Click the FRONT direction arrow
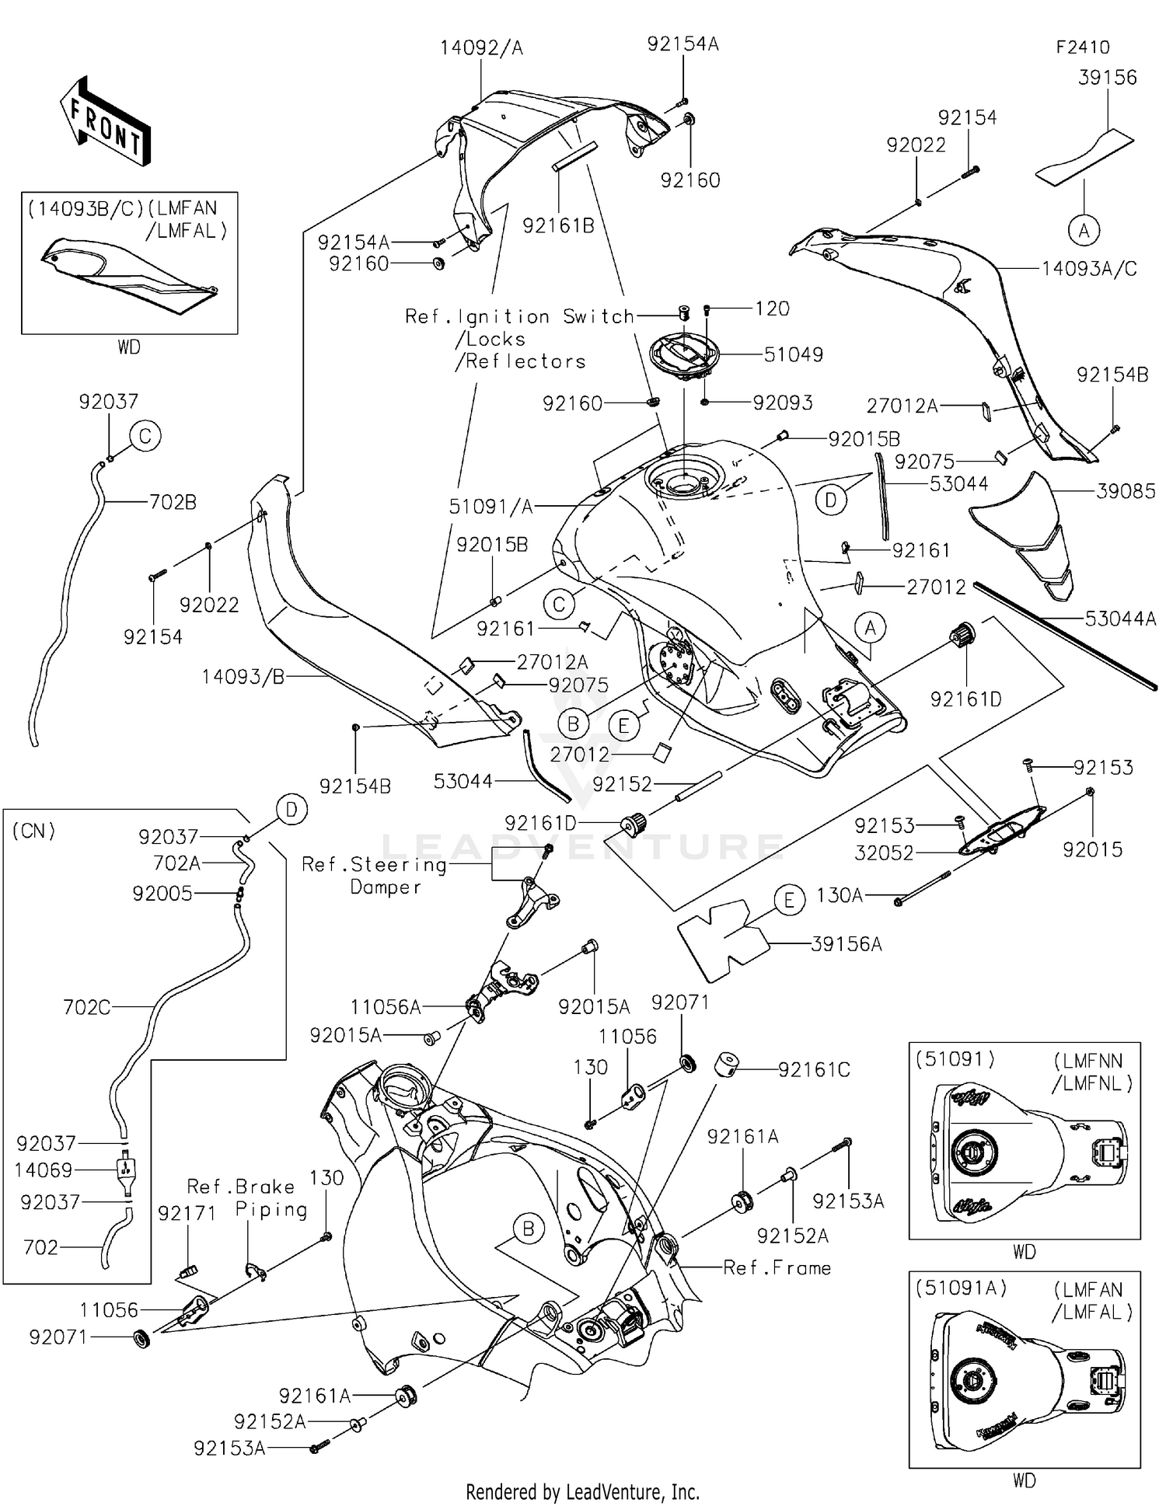click(x=105, y=120)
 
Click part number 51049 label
click(x=793, y=354)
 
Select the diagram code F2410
click(x=1083, y=47)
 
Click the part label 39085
click(x=1126, y=491)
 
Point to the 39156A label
click(x=847, y=944)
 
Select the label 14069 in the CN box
click(x=44, y=1170)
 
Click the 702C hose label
click(x=87, y=1008)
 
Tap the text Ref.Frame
click(x=777, y=1268)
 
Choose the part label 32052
click(x=884, y=852)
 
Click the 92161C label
click(x=814, y=1070)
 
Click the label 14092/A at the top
click(x=481, y=48)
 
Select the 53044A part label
click(x=1120, y=619)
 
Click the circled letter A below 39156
click(x=1084, y=230)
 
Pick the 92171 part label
click(x=187, y=1214)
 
